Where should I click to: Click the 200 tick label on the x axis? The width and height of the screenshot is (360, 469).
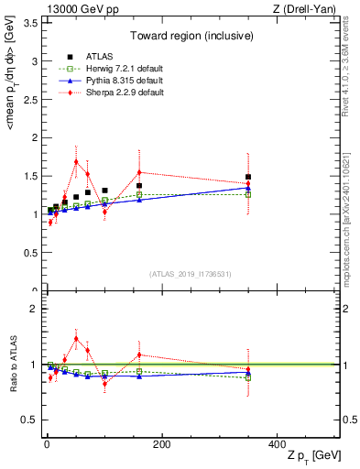pyautogui.click(x=161, y=444)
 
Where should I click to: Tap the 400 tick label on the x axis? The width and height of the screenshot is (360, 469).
pyautogui.click(x=277, y=444)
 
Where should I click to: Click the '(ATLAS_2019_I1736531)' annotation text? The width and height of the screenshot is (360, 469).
pyautogui.click(x=191, y=274)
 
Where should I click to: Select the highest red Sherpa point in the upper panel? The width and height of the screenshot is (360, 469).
pyautogui.click(x=76, y=161)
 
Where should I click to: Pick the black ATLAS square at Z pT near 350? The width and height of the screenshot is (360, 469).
pyautogui.click(x=248, y=177)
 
